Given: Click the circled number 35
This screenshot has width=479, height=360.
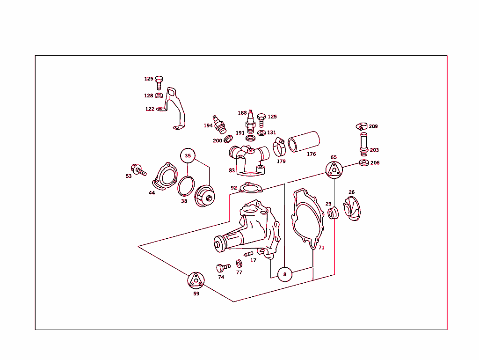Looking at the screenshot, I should pyautogui.click(x=188, y=156).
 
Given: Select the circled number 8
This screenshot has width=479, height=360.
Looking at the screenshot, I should pyautogui.click(x=284, y=274).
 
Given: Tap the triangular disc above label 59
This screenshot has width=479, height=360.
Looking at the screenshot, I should pyautogui.click(x=196, y=280).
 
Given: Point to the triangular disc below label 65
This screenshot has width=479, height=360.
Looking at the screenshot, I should pyautogui.click(x=334, y=170).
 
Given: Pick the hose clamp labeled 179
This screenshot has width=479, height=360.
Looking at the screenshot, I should pyautogui.click(x=279, y=147).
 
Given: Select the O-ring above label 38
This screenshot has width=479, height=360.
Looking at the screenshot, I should pyautogui.click(x=186, y=186).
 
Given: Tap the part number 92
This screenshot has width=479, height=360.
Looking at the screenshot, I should pyautogui.click(x=234, y=188).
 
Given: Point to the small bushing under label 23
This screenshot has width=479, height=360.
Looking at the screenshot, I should pyautogui.click(x=333, y=214).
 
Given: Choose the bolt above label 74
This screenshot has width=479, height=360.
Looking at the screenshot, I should pyautogui.click(x=222, y=268).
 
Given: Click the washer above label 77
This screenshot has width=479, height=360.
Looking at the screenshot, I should pyautogui.click(x=239, y=264).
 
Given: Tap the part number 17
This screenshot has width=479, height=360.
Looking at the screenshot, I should pyautogui.click(x=253, y=260).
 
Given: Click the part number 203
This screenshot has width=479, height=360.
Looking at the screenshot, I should pyautogui.click(x=374, y=150).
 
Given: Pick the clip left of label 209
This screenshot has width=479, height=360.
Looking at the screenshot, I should pyautogui.click(x=359, y=126).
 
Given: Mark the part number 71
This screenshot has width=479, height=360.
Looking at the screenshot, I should pyautogui.click(x=321, y=247).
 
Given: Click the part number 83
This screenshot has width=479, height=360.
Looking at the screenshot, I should pyautogui.click(x=232, y=170).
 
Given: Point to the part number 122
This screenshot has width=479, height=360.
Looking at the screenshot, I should pyautogui.click(x=150, y=109).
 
